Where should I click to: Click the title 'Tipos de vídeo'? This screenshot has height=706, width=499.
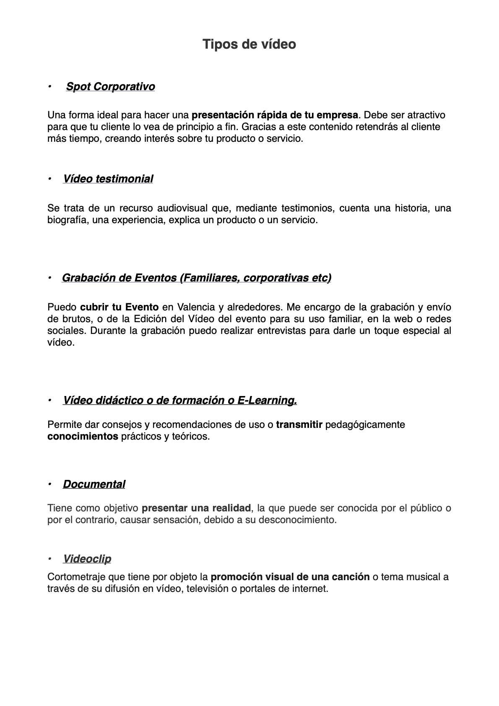click(249, 44)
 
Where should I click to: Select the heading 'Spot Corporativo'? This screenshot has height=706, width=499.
click(110, 87)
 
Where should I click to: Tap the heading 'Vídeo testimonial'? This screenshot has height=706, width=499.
click(108, 179)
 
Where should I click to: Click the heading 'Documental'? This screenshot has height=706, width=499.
click(94, 485)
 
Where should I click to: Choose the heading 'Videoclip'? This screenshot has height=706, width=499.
click(87, 559)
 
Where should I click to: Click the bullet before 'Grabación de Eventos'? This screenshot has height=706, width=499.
click(49, 278)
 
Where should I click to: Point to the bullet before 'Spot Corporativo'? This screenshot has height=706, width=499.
click(49, 87)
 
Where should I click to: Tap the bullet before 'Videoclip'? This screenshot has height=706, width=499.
click(49, 559)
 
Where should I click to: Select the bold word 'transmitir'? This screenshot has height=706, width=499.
click(299, 425)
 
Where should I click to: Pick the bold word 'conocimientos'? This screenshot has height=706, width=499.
click(83, 436)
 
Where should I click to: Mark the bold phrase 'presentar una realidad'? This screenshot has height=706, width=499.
click(196, 508)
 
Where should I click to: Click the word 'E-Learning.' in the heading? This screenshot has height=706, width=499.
click(267, 401)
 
